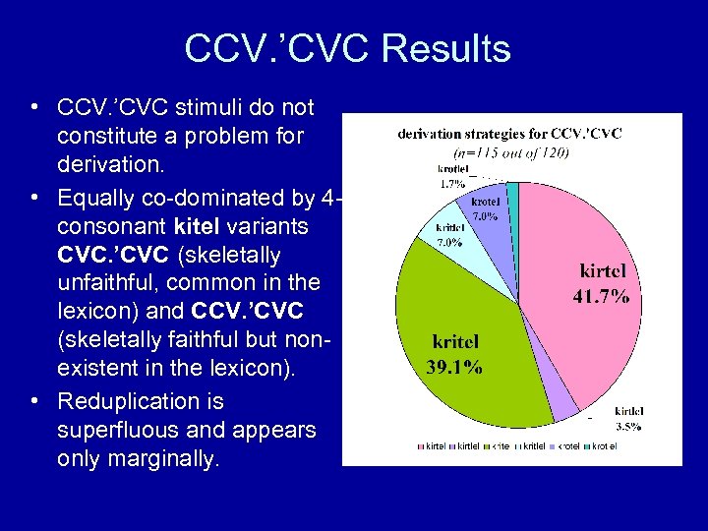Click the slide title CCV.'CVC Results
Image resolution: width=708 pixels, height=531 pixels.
tap(347, 48)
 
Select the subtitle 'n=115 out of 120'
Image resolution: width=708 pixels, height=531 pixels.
tap(510, 151)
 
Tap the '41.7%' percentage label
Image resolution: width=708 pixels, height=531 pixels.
tap(602, 295)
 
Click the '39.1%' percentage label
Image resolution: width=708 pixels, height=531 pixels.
tap(454, 368)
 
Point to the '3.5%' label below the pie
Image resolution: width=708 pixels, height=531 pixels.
tap(629, 427)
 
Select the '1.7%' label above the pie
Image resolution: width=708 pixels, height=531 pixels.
tap(451, 183)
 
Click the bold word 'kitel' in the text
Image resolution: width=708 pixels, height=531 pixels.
tap(153, 227)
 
